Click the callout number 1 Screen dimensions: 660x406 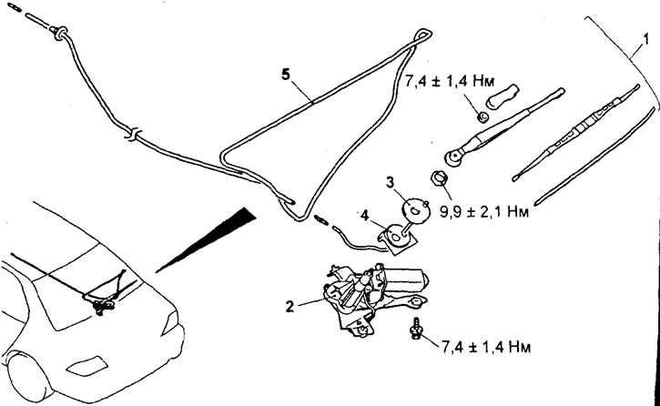645,40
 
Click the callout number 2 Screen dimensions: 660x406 289,307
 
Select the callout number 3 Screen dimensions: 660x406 391,183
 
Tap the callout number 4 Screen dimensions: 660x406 364,216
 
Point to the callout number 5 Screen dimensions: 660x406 286,75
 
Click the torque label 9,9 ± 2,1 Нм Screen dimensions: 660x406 484,212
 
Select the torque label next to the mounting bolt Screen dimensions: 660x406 486,347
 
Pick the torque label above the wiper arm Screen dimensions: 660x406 449,80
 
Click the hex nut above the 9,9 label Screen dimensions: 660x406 438,178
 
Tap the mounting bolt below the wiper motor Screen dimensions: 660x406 416,329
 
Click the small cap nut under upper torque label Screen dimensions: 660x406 482,117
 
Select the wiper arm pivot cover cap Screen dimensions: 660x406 503,96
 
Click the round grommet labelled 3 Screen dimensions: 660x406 415,209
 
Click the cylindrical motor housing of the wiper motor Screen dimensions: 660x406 406,279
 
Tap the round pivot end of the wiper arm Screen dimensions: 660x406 453,157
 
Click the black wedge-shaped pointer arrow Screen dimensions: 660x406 207,239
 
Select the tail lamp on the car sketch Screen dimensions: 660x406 170,322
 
